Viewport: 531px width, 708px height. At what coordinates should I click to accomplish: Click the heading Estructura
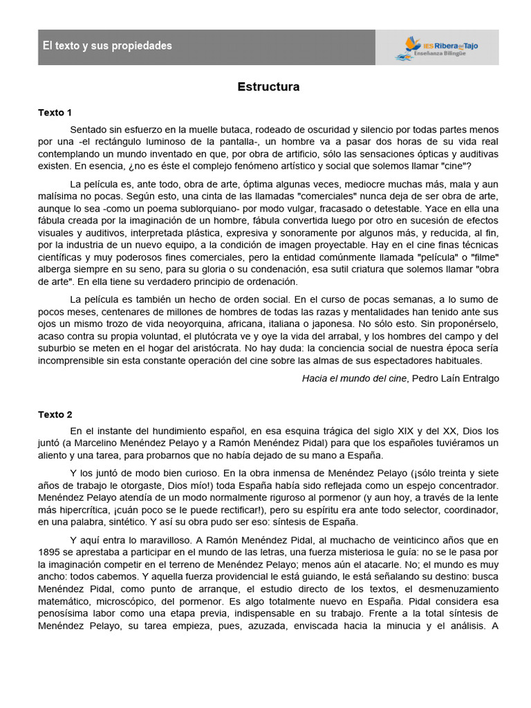tap(268, 87)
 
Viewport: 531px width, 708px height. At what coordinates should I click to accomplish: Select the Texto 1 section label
tap(55, 112)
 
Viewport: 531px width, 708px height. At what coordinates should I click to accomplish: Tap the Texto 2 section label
tap(55, 415)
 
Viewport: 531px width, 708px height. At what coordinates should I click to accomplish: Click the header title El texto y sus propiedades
tap(107, 46)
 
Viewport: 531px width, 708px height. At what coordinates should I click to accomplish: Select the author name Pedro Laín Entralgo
tap(455, 378)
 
